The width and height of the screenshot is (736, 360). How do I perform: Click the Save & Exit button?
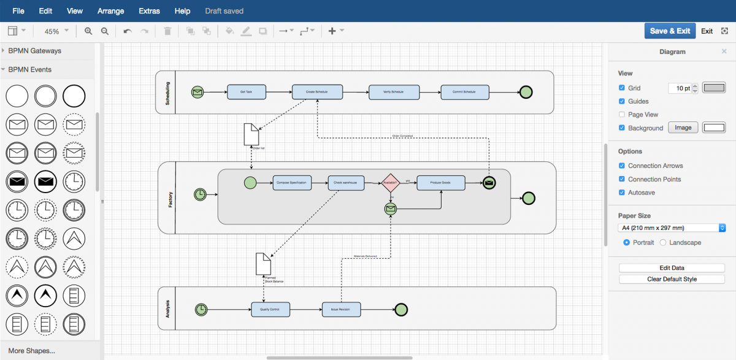coord(670,31)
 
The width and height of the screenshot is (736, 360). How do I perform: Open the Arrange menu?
coord(110,11)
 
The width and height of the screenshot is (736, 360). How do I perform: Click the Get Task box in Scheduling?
coord(246,92)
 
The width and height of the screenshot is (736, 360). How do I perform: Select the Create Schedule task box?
coord(317,92)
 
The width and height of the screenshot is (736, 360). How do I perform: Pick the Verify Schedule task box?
coord(394,92)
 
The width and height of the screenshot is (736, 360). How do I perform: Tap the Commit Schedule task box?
coord(465,92)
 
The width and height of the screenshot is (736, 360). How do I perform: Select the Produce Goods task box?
coord(440,183)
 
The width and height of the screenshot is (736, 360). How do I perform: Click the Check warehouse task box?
coord(346,183)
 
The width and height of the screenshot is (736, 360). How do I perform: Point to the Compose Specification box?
coord(292,183)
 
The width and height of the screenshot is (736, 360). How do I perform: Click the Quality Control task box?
coord(270,310)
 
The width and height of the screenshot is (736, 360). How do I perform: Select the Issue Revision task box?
coord(341,310)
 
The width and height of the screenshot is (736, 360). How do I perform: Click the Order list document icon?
coord(251,134)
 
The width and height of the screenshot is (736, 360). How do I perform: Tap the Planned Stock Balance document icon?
coord(263,264)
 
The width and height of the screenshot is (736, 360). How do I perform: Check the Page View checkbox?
coord(622,115)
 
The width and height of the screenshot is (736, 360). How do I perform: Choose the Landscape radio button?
coord(663,243)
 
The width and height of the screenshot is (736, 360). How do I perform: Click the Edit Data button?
coord(672,268)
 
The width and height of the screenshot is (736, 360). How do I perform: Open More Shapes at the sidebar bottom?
coord(32,351)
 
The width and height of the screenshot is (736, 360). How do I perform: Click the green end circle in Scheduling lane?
coord(526,92)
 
